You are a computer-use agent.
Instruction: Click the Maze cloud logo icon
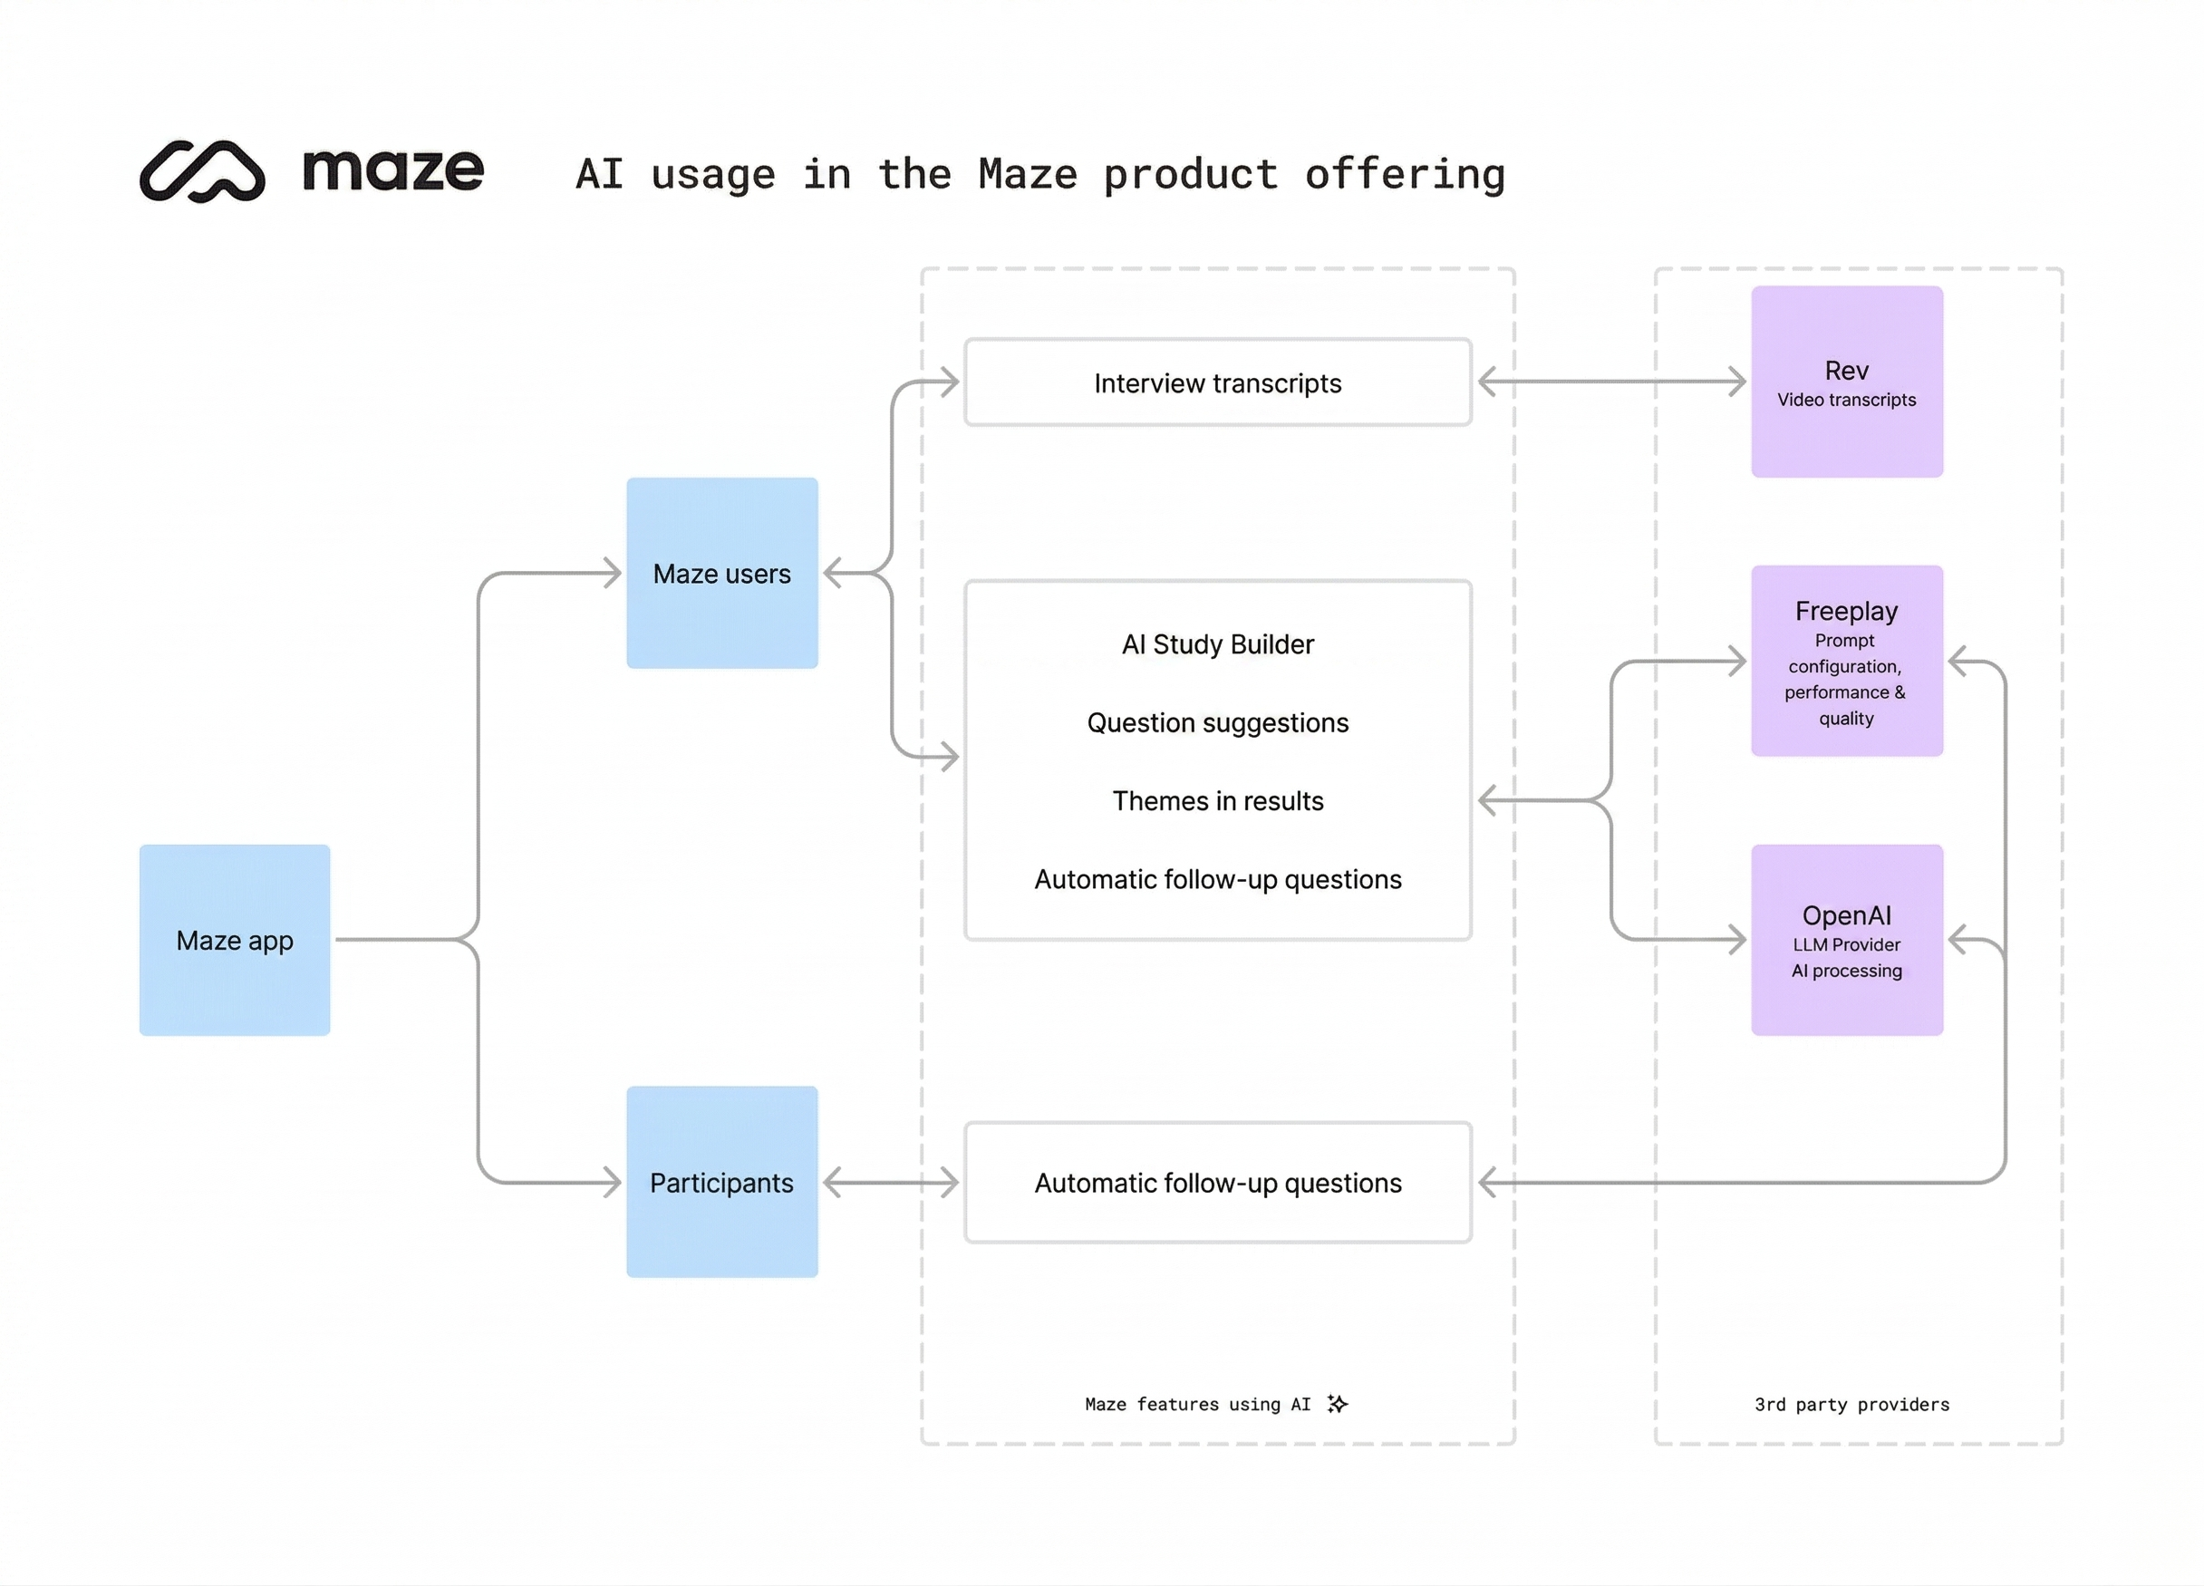(x=202, y=171)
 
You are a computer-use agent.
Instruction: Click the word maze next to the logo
(x=392, y=171)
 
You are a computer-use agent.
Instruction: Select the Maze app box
(x=234, y=940)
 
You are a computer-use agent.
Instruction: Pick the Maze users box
(x=722, y=574)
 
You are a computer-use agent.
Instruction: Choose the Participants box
(x=722, y=1182)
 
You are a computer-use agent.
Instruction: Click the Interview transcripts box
(x=1218, y=382)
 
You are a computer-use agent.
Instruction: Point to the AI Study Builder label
(x=1218, y=644)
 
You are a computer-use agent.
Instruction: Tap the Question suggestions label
(x=1218, y=723)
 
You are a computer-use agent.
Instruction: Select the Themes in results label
(x=1218, y=801)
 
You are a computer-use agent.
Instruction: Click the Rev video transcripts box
(x=1846, y=382)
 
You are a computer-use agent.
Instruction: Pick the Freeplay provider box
(x=1846, y=661)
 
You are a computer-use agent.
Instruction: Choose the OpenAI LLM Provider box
(x=1846, y=940)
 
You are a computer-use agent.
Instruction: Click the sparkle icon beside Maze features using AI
(x=1339, y=1403)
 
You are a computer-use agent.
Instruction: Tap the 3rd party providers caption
(x=1851, y=1404)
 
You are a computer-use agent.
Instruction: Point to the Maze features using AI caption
(x=1197, y=1404)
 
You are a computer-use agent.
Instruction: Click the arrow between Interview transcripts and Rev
(x=1612, y=382)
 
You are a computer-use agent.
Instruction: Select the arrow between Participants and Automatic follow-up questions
(x=891, y=1183)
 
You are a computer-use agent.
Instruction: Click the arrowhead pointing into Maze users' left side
(x=610, y=574)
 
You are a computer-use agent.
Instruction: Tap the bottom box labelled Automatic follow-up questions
(x=1218, y=1183)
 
